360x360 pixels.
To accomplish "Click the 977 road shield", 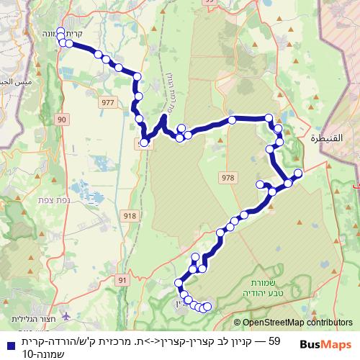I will pyautogui.click(x=109, y=103).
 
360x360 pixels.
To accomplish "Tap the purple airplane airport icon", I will pyautogui.click(x=67, y=315).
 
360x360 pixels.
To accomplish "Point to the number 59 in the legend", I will pyautogui.click(x=273, y=339).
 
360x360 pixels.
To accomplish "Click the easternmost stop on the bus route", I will pyautogui.click(x=297, y=173).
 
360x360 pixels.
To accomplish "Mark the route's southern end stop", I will pyautogui.click(x=208, y=307).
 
